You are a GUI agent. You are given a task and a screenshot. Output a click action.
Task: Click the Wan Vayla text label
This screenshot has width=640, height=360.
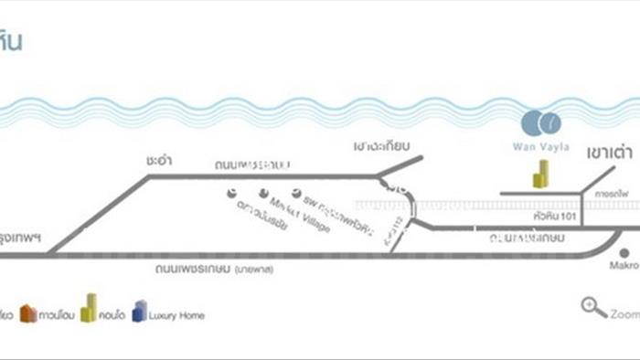[544, 145]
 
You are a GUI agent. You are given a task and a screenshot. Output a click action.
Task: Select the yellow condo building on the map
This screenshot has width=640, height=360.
[541, 174]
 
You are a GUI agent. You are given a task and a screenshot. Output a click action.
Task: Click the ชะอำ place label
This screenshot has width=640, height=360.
[159, 159]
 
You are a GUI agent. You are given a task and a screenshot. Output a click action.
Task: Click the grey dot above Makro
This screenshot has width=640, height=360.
[624, 253]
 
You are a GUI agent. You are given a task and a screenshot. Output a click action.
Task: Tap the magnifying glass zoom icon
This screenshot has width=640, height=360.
[593, 308]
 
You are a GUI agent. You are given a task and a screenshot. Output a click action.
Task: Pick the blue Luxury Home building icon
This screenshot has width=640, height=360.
[139, 312]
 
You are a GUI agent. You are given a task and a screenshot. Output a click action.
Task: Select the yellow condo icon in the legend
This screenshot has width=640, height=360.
[89, 309]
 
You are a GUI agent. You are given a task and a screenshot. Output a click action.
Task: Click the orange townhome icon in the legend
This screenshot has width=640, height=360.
[29, 314]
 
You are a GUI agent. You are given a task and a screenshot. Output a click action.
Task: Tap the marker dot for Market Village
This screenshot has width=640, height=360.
[264, 194]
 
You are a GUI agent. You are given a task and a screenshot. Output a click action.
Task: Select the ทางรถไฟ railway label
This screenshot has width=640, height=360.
[610, 195]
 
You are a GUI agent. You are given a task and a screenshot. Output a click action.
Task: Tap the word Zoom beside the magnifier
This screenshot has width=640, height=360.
[625, 313]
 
